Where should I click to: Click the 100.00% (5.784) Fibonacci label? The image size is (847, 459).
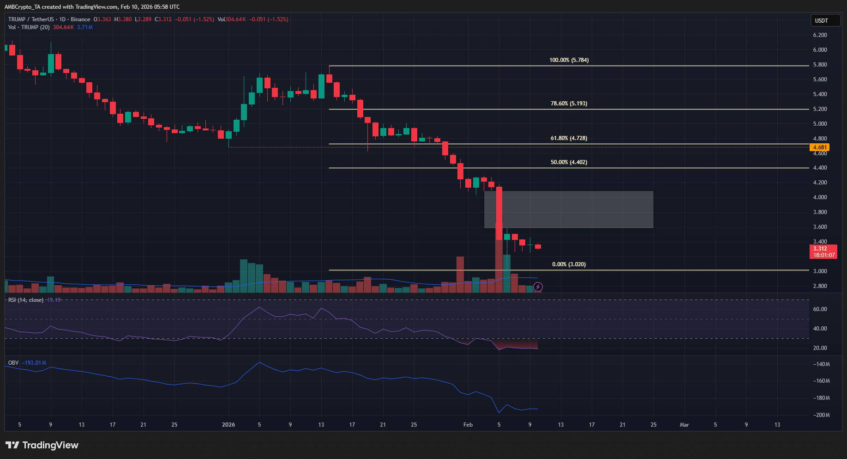pyautogui.click(x=569, y=60)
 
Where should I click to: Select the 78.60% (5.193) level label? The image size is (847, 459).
pyautogui.click(x=569, y=104)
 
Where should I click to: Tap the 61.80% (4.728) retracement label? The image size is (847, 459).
pyautogui.click(x=569, y=138)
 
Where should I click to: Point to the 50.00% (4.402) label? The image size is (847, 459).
pyautogui.click(x=569, y=162)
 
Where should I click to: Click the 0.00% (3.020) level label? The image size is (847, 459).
pyautogui.click(x=569, y=264)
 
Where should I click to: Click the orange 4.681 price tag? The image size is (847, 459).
pyautogui.click(x=820, y=147)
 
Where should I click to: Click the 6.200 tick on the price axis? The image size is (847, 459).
pyautogui.click(x=820, y=35)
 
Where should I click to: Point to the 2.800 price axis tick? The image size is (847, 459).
pyautogui.click(x=820, y=286)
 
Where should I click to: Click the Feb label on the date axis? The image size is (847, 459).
pyautogui.click(x=468, y=424)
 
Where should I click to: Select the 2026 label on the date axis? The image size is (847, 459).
pyautogui.click(x=228, y=424)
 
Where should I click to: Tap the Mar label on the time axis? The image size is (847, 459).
pyautogui.click(x=684, y=424)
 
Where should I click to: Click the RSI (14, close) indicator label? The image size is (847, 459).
pyautogui.click(x=26, y=300)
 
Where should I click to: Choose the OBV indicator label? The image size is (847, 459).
pyautogui.click(x=13, y=363)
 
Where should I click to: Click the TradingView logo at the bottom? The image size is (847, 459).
pyautogui.click(x=42, y=445)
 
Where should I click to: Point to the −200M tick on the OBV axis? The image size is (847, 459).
pyautogui.click(x=821, y=415)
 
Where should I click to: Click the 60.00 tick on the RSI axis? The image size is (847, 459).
pyautogui.click(x=820, y=309)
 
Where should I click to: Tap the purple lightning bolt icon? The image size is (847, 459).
pyautogui.click(x=538, y=287)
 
